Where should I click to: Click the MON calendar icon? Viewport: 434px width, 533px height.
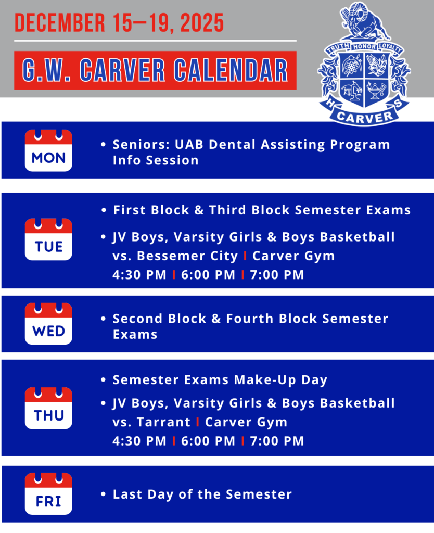[x=48, y=150]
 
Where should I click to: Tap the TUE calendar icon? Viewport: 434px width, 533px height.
[x=48, y=239]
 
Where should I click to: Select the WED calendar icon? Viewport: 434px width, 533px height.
[x=48, y=324]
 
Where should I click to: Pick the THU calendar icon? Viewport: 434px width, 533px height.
[x=48, y=408]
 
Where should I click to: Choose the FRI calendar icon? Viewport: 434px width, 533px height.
[x=48, y=493]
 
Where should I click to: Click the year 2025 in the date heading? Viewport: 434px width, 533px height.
[x=202, y=23]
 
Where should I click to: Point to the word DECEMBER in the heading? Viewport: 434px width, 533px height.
[x=60, y=23]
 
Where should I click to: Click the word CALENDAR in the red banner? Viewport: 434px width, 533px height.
[x=231, y=70]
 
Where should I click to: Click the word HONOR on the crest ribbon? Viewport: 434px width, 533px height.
[x=364, y=46]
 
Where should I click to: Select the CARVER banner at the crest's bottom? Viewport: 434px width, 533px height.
[x=365, y=117]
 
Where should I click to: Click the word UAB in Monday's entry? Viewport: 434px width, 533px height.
[x=189, y=145]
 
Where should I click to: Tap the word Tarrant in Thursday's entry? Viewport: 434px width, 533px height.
[x=163, y=422]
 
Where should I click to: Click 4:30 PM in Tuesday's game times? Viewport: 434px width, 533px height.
[x=139, y=275]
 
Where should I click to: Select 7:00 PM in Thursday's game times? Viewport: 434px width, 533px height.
[x=277, y=441]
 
